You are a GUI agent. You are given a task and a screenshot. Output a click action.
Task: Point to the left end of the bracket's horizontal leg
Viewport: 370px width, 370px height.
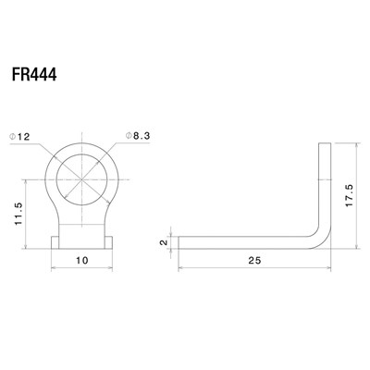point(179,241)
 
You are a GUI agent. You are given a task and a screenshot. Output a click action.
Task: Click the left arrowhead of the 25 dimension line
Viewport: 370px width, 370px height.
point(179,270)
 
